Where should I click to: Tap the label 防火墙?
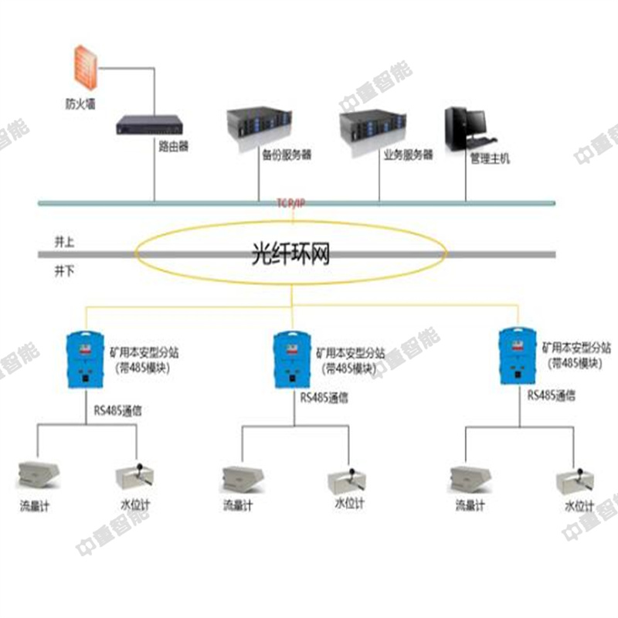pos(80,103)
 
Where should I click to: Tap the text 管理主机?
pos(490,159)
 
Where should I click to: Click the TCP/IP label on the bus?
pos(291,202)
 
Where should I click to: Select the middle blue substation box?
pos(292,360)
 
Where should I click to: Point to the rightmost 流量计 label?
pos(470,507)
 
